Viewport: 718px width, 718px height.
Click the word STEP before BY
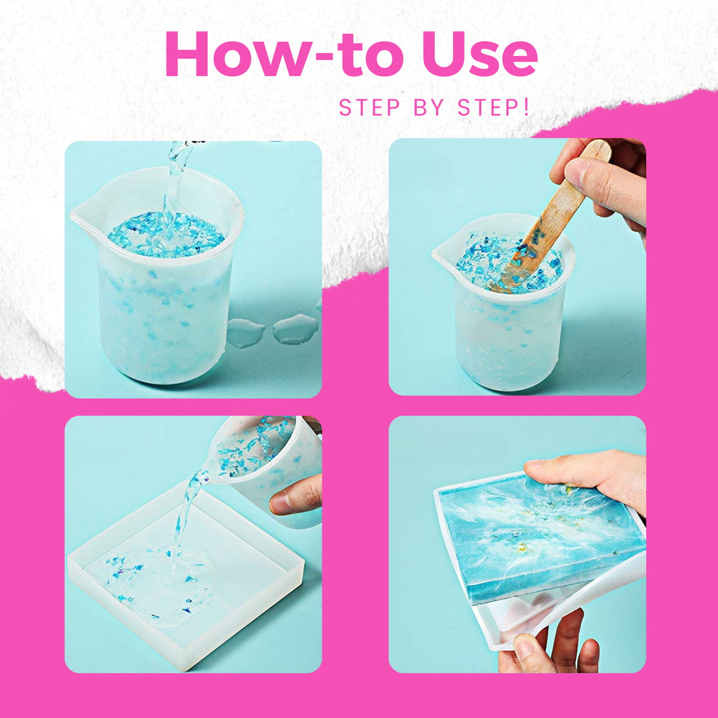(369, 108)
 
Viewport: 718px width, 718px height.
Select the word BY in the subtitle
(429, 108)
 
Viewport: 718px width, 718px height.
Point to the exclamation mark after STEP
(527, 107)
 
